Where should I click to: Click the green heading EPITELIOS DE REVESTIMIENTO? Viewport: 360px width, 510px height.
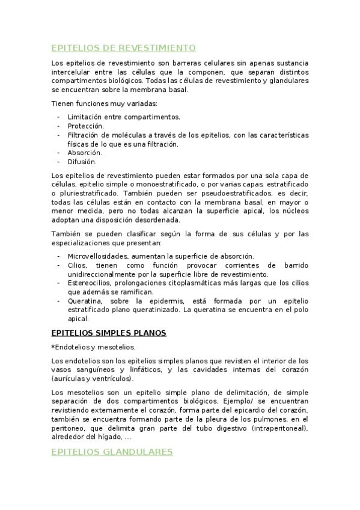[123, 48]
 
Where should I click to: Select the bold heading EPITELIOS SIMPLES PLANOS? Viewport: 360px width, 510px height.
[109, 333]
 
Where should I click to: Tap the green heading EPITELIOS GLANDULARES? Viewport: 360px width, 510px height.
[112, 452]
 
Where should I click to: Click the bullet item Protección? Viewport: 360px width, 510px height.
[86, 126]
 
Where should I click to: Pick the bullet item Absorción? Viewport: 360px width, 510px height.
[85, 153]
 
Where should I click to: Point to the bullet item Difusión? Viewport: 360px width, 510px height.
[82, 161]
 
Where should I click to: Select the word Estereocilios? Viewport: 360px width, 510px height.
[92, 283]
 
